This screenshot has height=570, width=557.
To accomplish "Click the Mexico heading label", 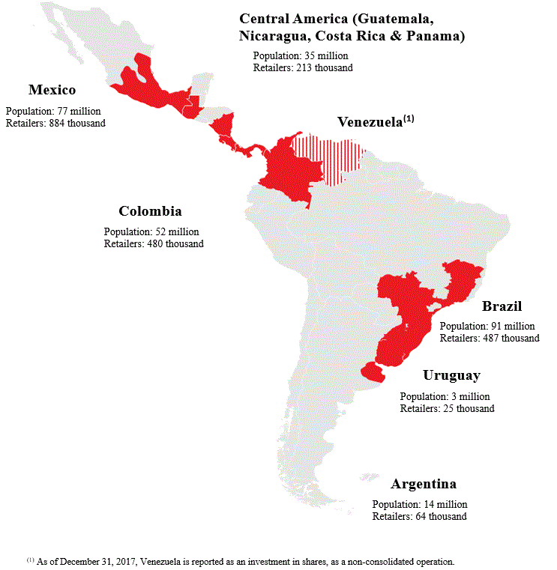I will (52, 90).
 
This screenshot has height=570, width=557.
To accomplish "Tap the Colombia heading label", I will (150, 211).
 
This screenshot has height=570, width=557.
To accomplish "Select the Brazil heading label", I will (502, 306).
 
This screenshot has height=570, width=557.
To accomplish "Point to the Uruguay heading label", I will (451, 376).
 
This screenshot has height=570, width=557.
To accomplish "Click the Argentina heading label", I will (423, 484).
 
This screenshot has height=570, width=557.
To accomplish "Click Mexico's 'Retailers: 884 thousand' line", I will (55, 123).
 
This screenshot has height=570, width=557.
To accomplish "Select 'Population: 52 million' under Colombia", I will (151, 232).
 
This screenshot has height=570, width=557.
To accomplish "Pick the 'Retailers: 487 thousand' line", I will (489, 338).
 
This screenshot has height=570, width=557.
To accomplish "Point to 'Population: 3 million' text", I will (445, 397).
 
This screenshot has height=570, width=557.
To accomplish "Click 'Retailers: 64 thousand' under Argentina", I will (419, 517).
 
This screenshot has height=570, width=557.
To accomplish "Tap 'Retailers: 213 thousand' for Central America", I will (303, 67).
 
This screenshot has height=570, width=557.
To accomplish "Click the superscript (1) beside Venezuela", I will (409, 118).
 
